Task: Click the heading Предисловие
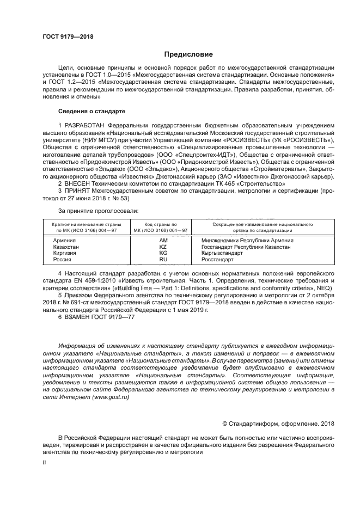click(189, 54)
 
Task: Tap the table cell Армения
click(64, 240)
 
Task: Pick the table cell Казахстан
click(66, 247)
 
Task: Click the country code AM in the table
click(163, 240)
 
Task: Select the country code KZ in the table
click(163, 247)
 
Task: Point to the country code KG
click(163, 253)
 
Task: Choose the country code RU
click(163, 260)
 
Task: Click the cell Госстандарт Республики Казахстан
click(246, 247)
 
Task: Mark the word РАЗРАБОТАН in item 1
click(84, 125)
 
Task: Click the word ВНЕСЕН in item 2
click(78, 184)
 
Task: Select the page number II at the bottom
click(45, 462)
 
